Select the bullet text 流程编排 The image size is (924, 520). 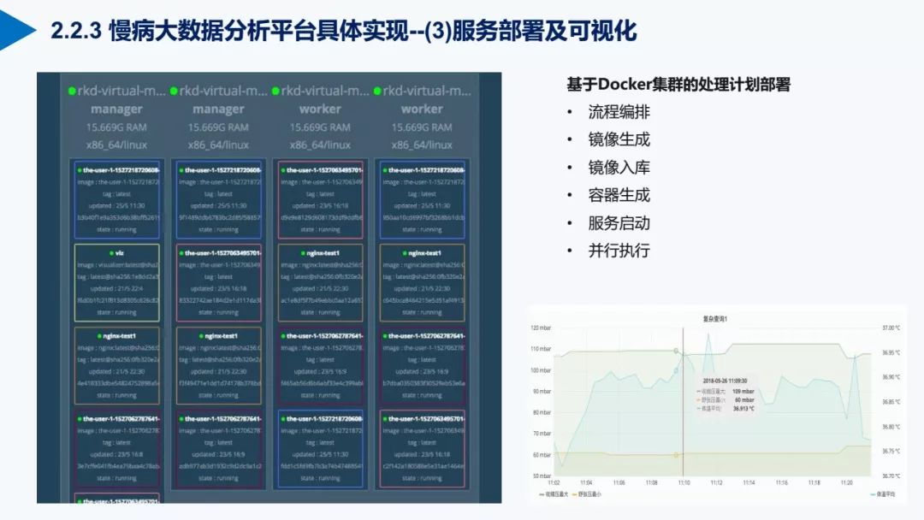click(x=619, y=112)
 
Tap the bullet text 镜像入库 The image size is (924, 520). click(x=619, y=168)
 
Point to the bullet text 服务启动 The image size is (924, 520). click(x=619, y=223)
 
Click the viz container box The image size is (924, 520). click(x=116, y=282)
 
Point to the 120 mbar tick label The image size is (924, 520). click(x=541, y=328)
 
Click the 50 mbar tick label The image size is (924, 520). click(x=542, y=476)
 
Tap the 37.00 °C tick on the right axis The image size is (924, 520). click(x=891, y=328)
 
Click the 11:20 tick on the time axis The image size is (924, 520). click(x=845, y=482)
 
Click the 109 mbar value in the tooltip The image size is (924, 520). click(x=742, y=391)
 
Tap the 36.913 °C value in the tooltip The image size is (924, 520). click(x=744, y=408)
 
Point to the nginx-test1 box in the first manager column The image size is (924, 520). click(x=116, y=365)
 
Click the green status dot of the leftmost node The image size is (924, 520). click(x=72, y=91)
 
